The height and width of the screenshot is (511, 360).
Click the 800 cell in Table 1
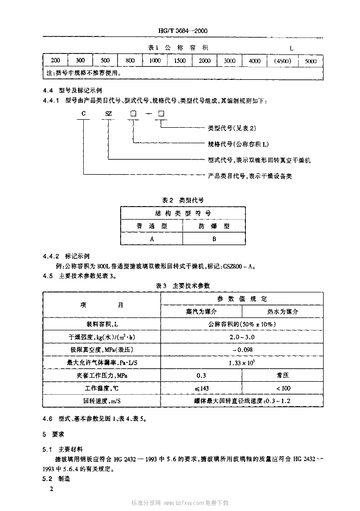pos(130,60)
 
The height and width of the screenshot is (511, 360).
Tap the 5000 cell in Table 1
pos(310,60)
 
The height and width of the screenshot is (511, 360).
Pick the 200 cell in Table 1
pos(55,60)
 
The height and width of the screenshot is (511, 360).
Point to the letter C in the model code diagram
pos(84,114)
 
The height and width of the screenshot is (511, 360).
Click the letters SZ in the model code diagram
pos(109,114)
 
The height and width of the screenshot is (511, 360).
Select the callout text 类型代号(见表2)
pos(231,128)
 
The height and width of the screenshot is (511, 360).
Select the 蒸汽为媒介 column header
pos(201,311)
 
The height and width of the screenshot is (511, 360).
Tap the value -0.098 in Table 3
pos(241,349)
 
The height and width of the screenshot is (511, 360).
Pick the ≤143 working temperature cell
pos(201,388)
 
